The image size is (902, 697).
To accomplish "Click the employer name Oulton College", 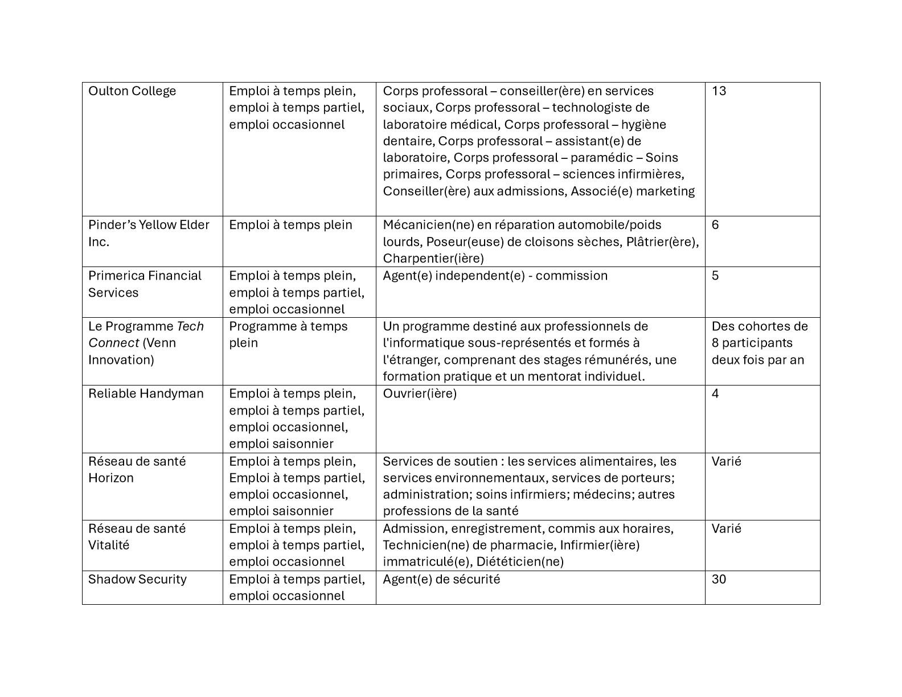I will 132,91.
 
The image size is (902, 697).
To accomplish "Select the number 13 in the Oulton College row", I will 719,91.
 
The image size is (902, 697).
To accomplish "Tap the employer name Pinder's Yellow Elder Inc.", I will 149,233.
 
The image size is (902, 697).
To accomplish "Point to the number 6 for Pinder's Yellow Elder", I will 715,225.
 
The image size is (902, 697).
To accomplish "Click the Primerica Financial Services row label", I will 145,284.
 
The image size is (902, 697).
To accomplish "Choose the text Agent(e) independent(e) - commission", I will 495,276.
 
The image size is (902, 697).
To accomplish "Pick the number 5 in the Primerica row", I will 715,276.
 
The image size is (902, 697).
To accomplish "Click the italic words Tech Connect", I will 146,335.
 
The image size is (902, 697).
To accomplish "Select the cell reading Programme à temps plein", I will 288,334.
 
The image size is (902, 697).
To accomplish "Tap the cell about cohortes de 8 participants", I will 760,343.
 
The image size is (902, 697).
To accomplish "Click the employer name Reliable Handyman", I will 146,393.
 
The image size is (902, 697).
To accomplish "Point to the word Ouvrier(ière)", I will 420,393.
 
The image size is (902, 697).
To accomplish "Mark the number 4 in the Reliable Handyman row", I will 715,393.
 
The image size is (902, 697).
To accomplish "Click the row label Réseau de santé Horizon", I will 137,469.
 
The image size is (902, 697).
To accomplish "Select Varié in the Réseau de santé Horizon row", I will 726,461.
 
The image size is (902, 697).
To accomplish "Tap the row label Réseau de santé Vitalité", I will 137,536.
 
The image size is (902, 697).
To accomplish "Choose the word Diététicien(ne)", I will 520,562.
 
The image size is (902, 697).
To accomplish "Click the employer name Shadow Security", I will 137,579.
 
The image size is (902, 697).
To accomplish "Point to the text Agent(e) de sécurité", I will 441,579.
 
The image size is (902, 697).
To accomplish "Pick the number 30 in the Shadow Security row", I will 719,579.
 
